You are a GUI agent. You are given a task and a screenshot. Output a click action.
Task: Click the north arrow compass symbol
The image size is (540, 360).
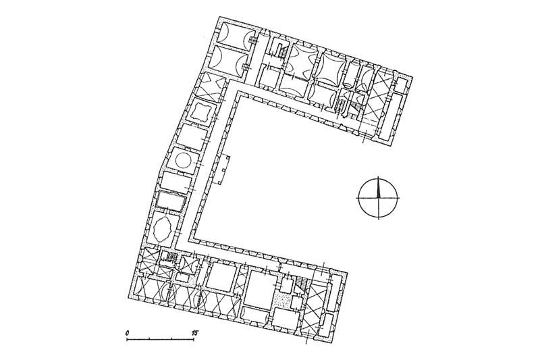tap(378, 198)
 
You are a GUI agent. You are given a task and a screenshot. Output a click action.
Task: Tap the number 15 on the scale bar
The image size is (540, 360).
tap(195, 333)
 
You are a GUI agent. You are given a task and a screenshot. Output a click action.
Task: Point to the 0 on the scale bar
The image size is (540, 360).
tap(128, 333)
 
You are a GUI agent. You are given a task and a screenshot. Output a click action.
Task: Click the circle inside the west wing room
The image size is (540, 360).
tap(182, 160)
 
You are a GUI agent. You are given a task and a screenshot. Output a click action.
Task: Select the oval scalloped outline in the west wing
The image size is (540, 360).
tap(162, 229)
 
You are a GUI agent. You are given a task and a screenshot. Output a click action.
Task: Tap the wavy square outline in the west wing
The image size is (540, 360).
tap(198, 111)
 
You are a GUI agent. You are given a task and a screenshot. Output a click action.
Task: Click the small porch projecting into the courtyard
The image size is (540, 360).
tap(223, 170)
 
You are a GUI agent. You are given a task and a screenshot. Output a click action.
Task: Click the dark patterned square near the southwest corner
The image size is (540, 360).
tap(171, 256)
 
